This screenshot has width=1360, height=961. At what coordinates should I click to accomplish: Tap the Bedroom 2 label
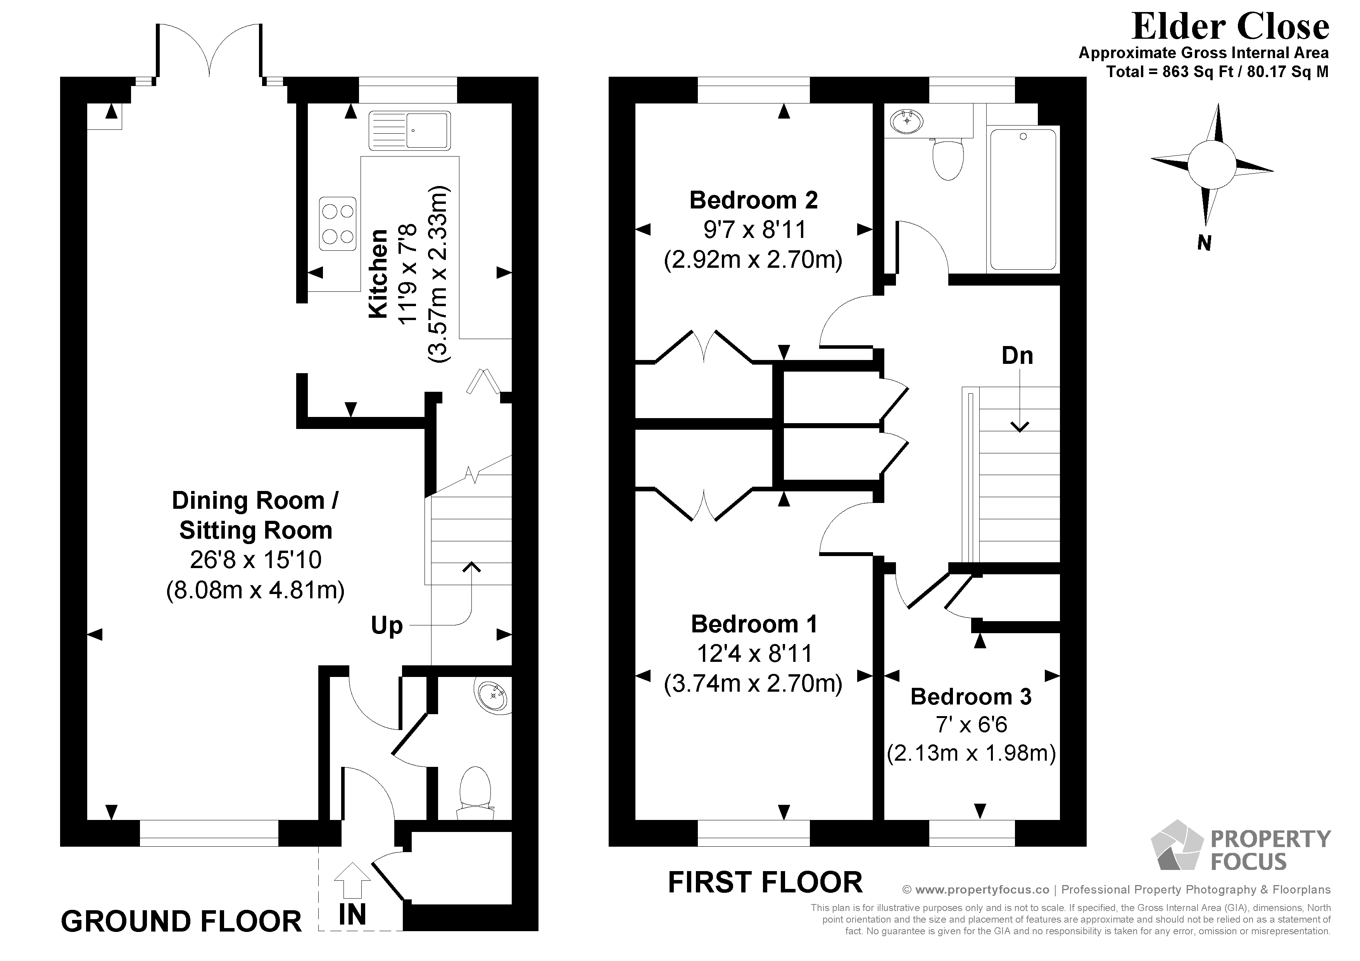point(753,200)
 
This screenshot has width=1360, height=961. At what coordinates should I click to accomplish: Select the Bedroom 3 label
point(971,696)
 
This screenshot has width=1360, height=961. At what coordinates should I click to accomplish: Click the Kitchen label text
point(378,274)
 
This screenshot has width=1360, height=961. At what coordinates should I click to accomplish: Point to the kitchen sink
point(409,130)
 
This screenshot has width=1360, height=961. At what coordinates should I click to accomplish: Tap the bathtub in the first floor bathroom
point(1023,199)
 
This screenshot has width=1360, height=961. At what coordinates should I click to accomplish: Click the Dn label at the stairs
point(1017,355)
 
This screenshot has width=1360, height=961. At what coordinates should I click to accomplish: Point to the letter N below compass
point(1204,243)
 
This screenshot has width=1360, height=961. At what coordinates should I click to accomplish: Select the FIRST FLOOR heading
point(765,882)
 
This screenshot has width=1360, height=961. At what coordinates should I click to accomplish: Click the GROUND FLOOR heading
point(181,921)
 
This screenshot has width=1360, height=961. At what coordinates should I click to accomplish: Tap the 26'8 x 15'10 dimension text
point(255,560)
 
